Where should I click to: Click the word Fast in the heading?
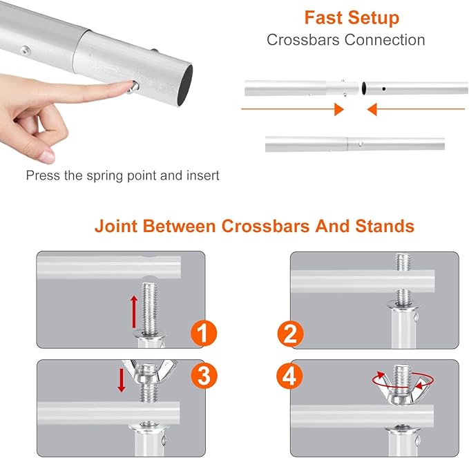click(323, 17)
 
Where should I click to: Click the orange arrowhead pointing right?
click(339, 109)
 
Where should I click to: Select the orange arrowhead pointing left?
click(372, 109)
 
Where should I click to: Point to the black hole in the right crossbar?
click(384, 89)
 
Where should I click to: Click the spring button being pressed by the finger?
click(133, 88)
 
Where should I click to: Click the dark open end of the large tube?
click(185, 85)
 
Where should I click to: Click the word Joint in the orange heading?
click(116, 226)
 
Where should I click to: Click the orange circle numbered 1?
click(204, 333)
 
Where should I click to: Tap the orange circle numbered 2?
click(290, 334)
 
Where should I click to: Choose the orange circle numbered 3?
click(204, 376)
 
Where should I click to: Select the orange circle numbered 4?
click(289, 376)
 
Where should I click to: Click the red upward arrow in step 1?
click(134, 312)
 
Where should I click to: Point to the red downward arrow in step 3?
click(122, 380)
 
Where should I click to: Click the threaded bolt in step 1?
click(150, 309)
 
